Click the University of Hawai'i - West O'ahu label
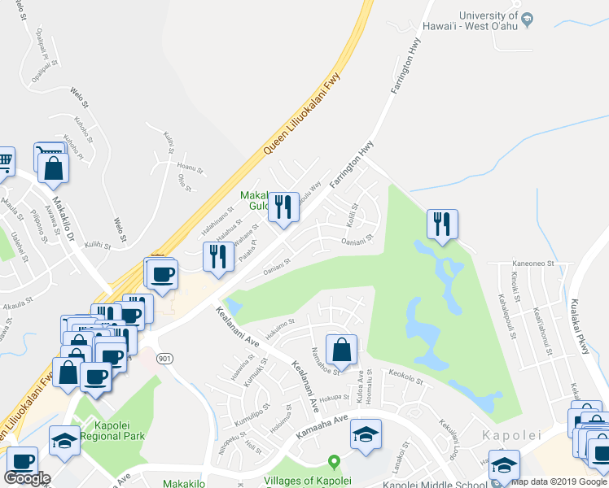(488, 23)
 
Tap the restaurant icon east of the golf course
(442, 224)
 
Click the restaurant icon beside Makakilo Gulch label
(283, 207)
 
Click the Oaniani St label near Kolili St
(357, 239)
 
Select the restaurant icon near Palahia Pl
(218, 256)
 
